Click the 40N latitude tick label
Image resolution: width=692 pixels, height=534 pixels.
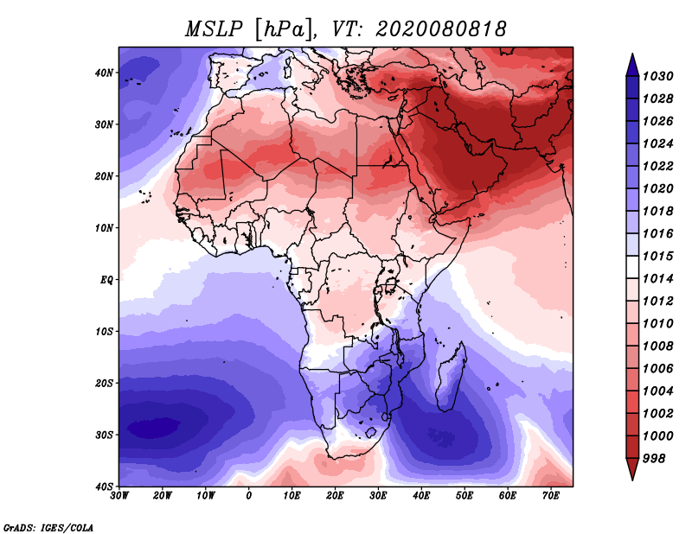104,73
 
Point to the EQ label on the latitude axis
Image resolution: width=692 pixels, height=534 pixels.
106,280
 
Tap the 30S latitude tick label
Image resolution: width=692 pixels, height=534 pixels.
104,435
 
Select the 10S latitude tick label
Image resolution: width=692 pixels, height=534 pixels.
104,332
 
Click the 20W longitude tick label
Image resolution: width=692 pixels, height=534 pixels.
163,496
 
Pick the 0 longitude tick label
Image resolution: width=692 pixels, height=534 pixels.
249,496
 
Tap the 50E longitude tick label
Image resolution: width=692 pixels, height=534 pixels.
465,496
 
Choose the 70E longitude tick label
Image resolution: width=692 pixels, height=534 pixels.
551,496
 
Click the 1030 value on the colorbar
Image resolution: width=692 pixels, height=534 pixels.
657,76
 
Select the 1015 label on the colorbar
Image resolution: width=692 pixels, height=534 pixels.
657,256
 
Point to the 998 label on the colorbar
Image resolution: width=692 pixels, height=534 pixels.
654,459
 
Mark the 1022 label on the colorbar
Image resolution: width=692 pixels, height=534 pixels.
657,166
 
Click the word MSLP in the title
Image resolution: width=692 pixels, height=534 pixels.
214,29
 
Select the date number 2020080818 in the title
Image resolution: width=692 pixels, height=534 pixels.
441,29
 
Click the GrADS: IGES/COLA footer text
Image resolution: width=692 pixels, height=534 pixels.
48,527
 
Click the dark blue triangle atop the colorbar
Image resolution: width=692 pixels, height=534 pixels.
632,65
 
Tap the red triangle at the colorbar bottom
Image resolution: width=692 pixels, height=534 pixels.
632,469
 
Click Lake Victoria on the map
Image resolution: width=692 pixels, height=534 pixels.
391,285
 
